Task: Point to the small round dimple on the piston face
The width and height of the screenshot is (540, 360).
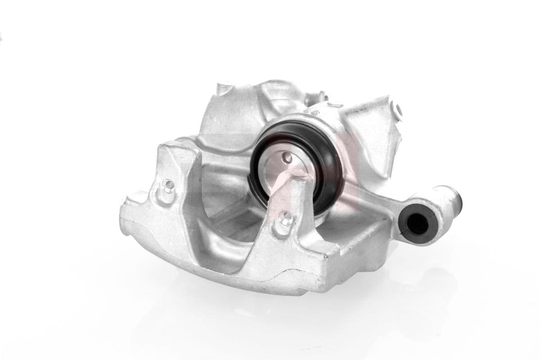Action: [x=288, y=157]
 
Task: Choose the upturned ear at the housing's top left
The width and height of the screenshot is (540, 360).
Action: [x=223, y=88]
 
